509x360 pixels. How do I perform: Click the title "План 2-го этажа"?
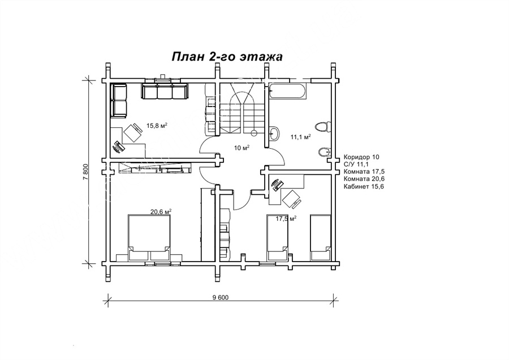[227, 56]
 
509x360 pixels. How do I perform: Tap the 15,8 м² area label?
[157, 125]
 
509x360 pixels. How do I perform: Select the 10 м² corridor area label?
[242, 148]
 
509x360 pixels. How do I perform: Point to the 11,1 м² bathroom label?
[301, 137]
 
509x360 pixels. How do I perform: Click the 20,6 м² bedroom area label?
[161, 212]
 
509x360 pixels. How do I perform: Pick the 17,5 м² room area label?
[286, 218]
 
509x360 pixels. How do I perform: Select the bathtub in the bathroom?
[287, 91]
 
